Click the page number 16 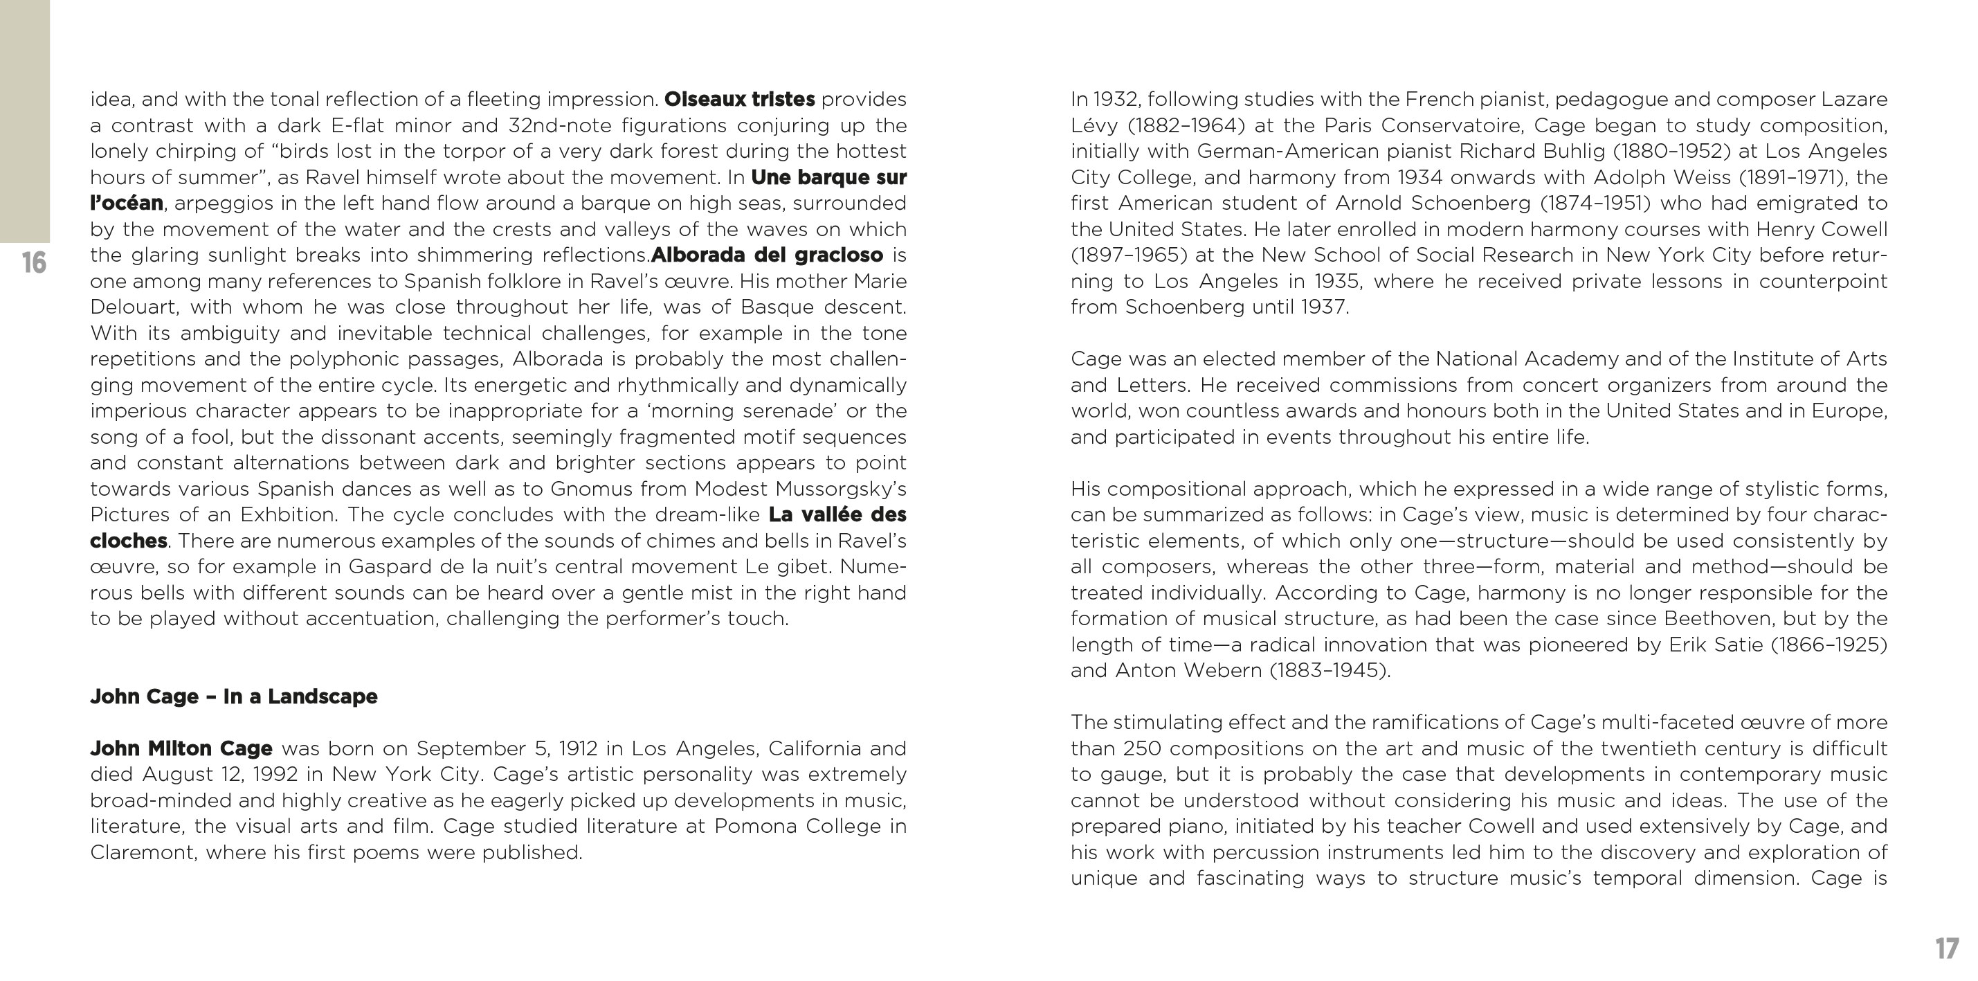[x=34, y=262]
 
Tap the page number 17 [x=1947, y=948]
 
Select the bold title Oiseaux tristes [x=738, y=99]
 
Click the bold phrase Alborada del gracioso [x=766, y=255]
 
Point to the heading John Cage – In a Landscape [x=233, y=696]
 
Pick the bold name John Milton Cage [x=181, y=748]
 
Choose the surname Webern [x=1225, y=671]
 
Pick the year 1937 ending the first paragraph [x=1323, y=307]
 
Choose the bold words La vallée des [x=837, y=514]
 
